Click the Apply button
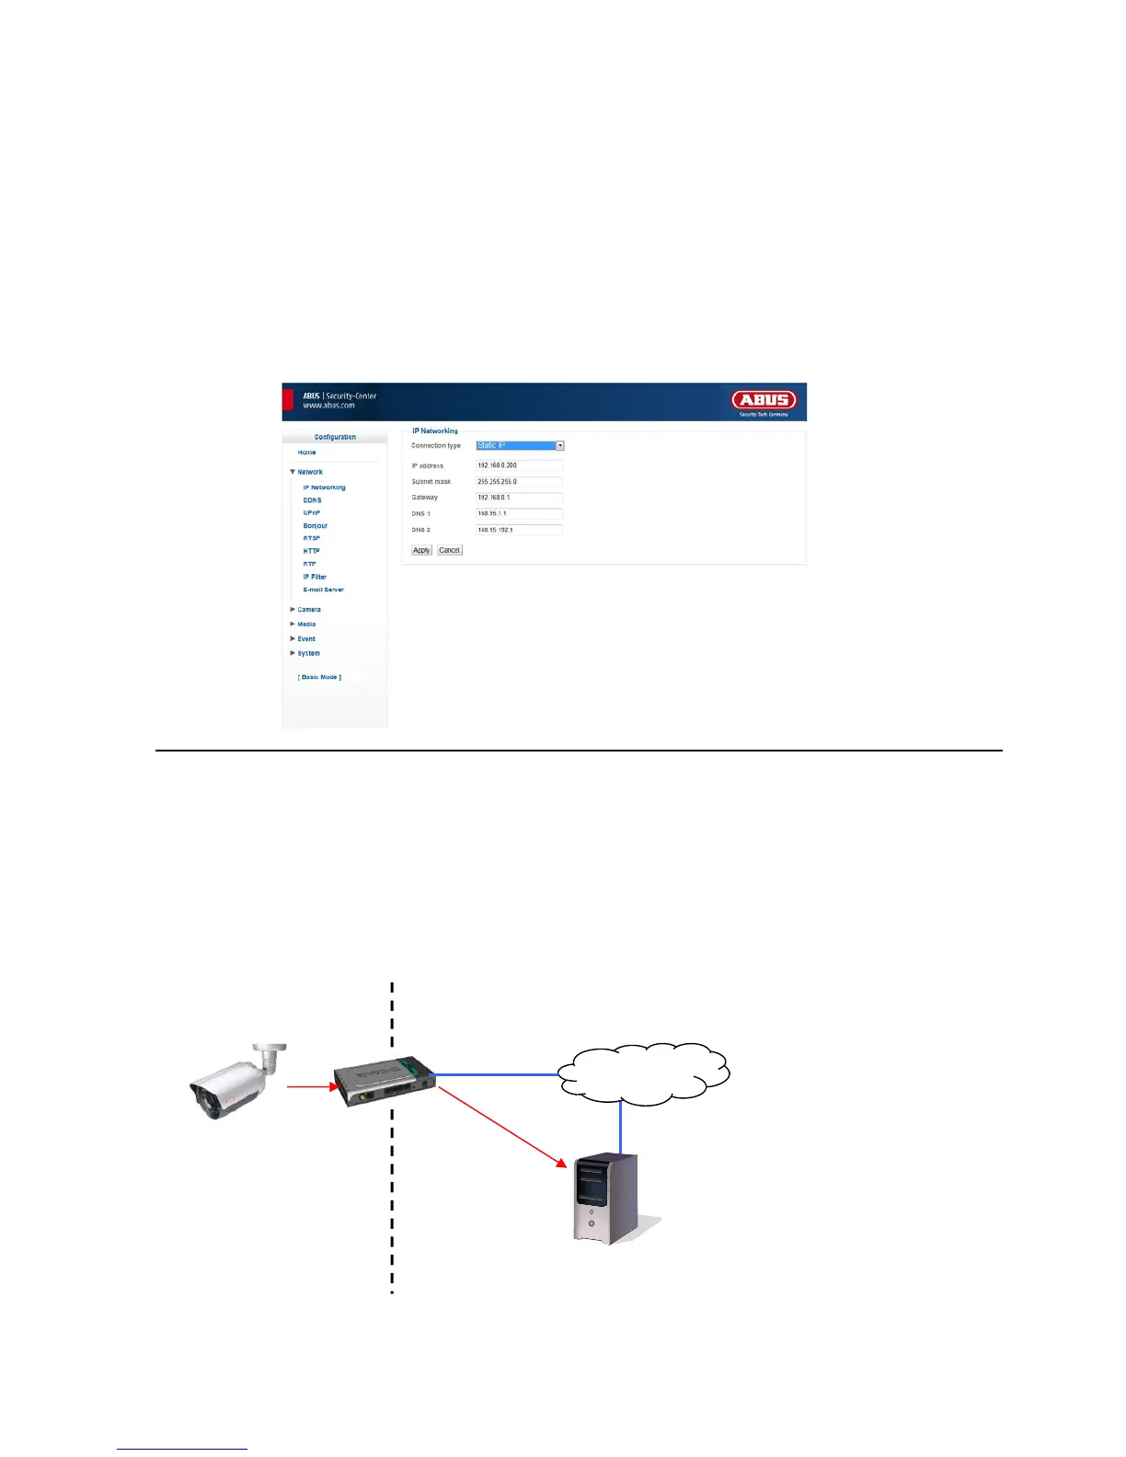421,550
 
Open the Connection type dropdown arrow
559,446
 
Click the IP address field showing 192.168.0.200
519,465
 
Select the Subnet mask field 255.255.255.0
519,482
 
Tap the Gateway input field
519,498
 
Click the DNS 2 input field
519,530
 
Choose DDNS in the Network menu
313,500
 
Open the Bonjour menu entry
316,526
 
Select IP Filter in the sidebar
315,577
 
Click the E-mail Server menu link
324,590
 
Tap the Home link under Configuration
306,453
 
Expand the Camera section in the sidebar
308,610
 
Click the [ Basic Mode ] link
319,677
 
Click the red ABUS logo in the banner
764,400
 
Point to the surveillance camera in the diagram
234,1083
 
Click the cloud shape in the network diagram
644,1073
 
